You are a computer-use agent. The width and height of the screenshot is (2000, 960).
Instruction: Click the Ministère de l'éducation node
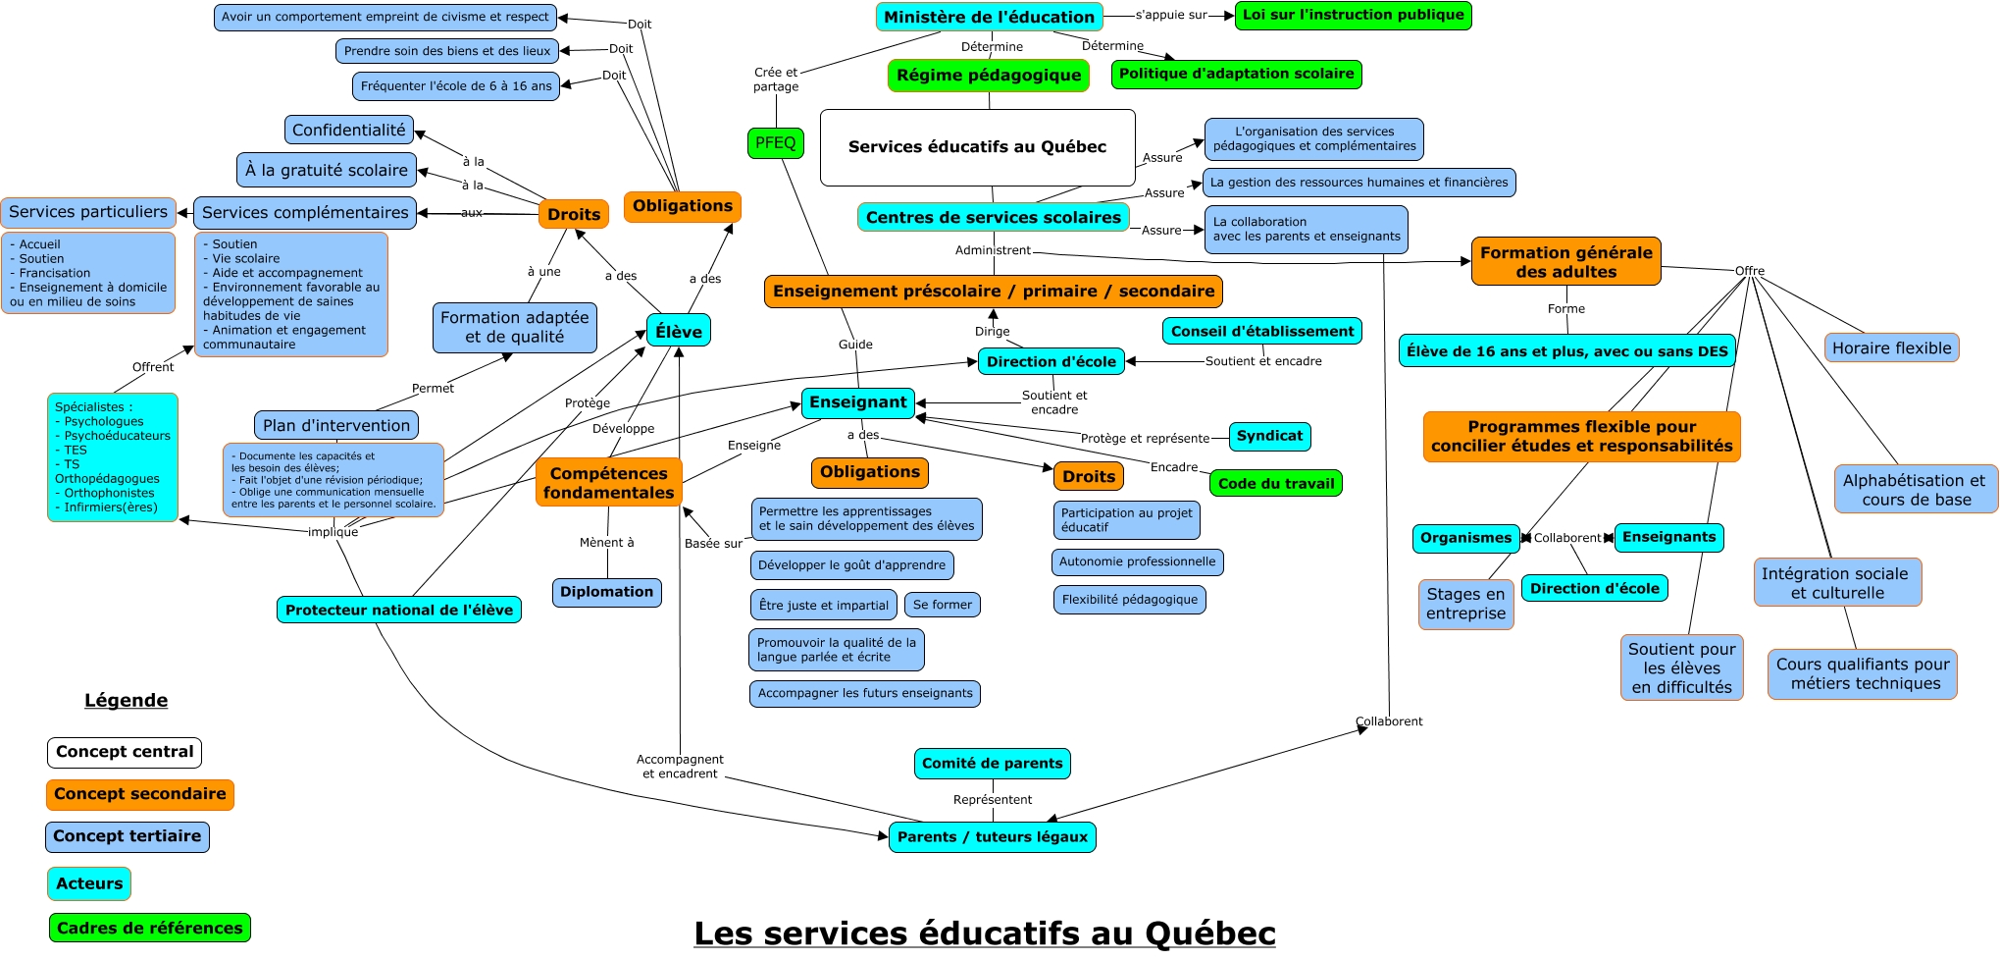tap(989, 17)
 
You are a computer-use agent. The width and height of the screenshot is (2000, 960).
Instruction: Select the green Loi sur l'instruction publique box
tap(1353, 15)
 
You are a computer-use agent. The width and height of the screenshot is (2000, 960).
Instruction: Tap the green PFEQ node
tap(775, 143)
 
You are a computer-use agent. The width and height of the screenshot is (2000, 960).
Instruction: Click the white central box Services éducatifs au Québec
tap(977, 147)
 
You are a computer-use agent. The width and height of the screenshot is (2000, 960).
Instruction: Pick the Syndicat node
tap(1269, 436)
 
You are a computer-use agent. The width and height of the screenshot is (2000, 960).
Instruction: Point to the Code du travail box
tap(1275, 483)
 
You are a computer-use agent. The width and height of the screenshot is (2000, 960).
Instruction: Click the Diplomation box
tap(606, 592)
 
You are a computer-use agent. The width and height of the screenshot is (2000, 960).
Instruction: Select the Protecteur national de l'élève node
tap(399, 611)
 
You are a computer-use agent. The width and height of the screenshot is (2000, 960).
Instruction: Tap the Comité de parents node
tap(992, 764)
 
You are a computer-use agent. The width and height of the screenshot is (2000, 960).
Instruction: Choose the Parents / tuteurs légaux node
tap(992, 837)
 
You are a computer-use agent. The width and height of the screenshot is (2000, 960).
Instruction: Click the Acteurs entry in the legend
tap(89, 883)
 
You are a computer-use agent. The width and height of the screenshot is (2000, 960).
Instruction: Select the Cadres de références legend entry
tap(150, 928)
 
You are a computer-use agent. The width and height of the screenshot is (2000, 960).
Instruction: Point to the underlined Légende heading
tap(126, 701)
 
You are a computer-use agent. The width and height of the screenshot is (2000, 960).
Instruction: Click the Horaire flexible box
tap(1891, 348)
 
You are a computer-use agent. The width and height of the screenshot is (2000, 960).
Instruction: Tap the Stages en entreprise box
tap(1465, 604)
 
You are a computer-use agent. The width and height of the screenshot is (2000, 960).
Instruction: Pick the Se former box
tap(942, 605)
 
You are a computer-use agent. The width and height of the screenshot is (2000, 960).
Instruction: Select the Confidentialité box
tap(348, 130)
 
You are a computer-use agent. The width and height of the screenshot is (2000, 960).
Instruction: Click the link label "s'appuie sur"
tap(1170, 15)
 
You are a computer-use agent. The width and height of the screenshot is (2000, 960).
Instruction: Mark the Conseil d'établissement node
tap(1262, 332)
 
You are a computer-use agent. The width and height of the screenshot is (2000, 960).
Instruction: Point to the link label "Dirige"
tap(992, 332)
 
